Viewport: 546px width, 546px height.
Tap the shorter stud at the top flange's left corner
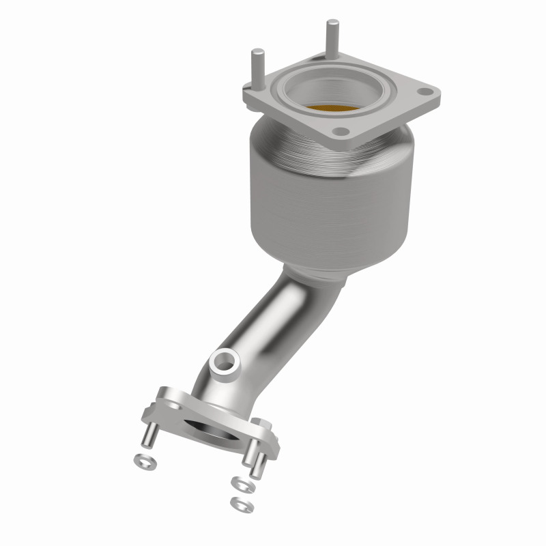tap(257, 68)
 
